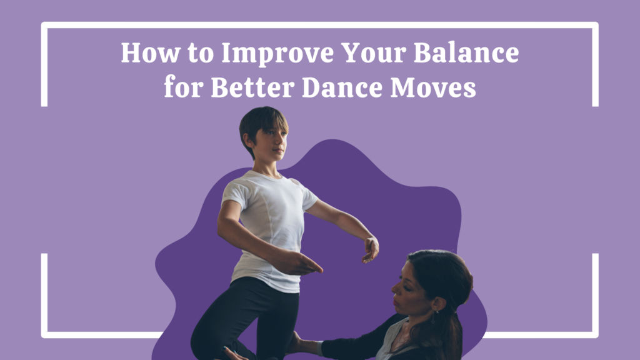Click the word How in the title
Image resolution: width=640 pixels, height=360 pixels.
(151, 53)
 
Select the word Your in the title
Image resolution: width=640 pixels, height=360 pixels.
(373, 53)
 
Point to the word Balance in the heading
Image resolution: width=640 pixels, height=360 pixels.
(466, 53)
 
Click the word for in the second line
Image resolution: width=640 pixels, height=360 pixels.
(183, 86)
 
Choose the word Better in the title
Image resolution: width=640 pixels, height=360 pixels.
(252, 87)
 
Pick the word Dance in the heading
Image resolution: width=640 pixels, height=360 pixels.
(342, 87)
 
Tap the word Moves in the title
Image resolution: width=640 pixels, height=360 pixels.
(433, 87)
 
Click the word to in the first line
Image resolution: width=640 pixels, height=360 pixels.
(201, 54)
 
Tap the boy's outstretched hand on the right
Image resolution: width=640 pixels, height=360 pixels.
(371, 249)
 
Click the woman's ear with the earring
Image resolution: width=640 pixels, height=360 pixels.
(439, 304)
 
